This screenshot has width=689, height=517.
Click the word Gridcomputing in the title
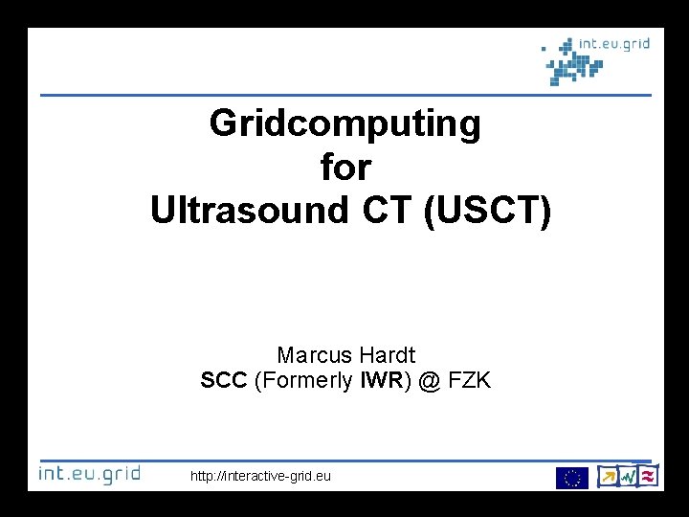tap(345, 124)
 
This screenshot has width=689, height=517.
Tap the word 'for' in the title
tap(345, 168)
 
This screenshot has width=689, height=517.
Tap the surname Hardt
tap(389, 354)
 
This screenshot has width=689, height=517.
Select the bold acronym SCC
tap(225, 381)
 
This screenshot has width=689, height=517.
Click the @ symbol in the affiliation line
tap(431, 381)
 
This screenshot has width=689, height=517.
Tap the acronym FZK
tap(470, 381)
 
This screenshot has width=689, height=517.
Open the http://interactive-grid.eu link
tap(260, 475)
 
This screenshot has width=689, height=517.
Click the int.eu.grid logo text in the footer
tap(89, 474)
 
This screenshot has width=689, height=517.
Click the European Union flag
tap(572, 477)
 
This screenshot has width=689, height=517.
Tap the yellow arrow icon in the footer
tap(607, 476)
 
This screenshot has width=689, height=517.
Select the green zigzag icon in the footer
tap(628, 476)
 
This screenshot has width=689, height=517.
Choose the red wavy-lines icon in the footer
tap(648, 476)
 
